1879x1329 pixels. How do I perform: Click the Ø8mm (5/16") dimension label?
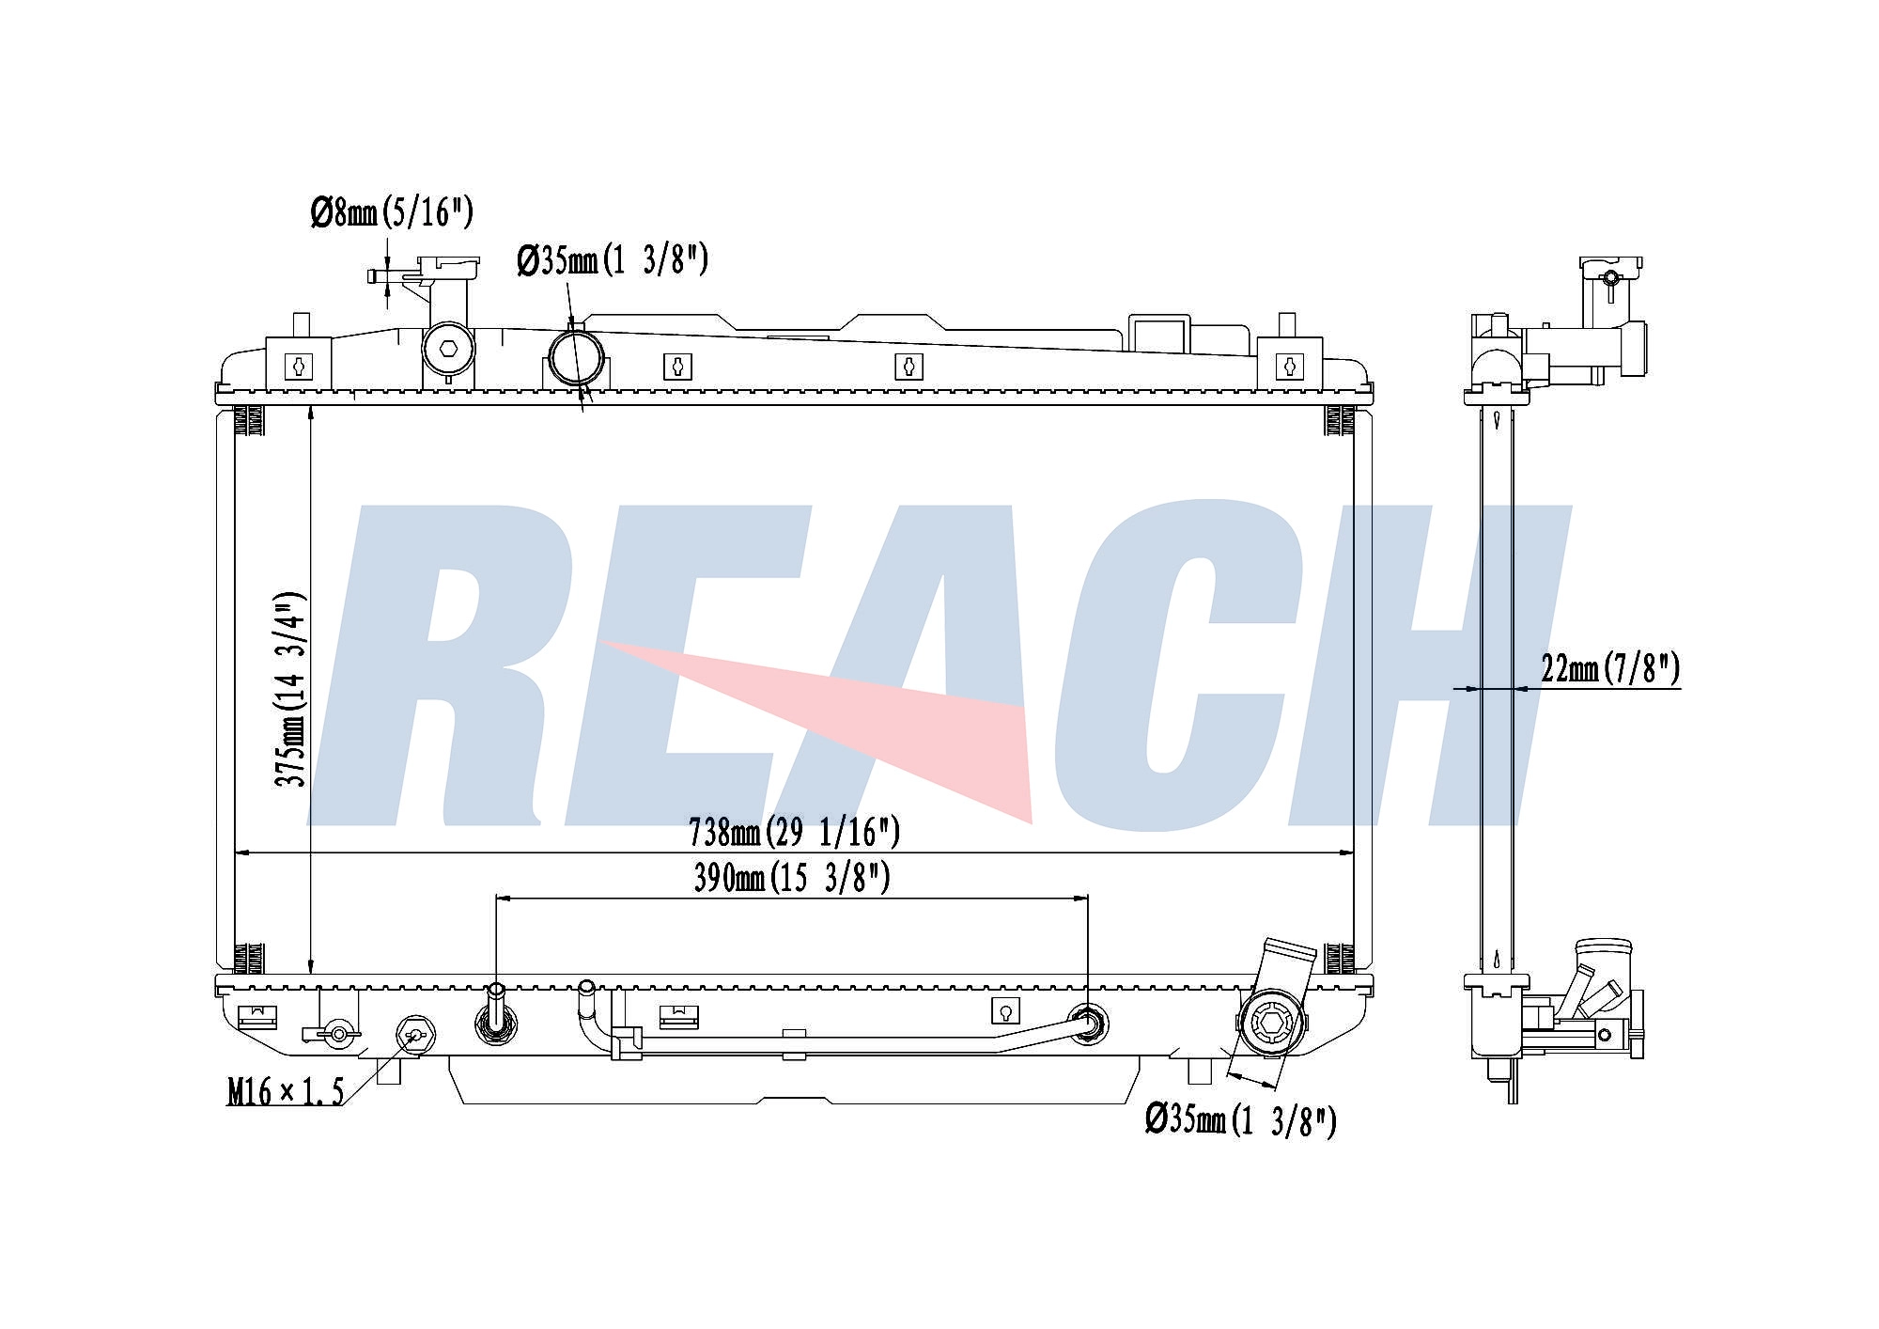[x=392, y=213]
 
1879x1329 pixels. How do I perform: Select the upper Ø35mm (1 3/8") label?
[x=612, y=259]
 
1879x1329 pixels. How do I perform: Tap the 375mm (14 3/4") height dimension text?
[x=290, y=689]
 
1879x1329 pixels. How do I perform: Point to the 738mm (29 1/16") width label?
[x=794, y=832]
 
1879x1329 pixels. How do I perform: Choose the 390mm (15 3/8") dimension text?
[x=791, y=878]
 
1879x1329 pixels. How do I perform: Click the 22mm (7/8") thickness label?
[x=1610, y=668]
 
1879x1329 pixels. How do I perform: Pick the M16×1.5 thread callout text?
[x=286, y=1091]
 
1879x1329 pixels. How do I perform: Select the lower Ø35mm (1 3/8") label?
[x=1240, y=1120]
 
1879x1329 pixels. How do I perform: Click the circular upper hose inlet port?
[x=575, y=356]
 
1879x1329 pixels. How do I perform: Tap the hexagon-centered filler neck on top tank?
[x=448, y=349]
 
